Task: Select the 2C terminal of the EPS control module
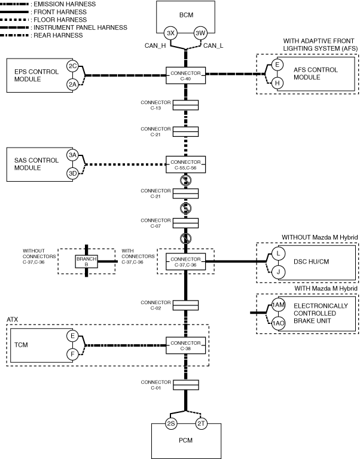(x=72, y=66)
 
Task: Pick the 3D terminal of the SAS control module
(x=72, y=173)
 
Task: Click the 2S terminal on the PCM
(x=171, y=424)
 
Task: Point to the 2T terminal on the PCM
(x=202, y=424)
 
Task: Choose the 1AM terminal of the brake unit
(x=278, y=305)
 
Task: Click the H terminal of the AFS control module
(x=277, y=83)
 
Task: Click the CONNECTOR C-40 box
(x=186, y=75)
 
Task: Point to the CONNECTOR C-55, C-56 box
(x=186, y=164)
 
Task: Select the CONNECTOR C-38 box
(x=186, y=345)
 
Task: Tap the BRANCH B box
(x=86, y=261)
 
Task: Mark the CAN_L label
(x=214, y=45)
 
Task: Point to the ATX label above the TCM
(x=13, y=320)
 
